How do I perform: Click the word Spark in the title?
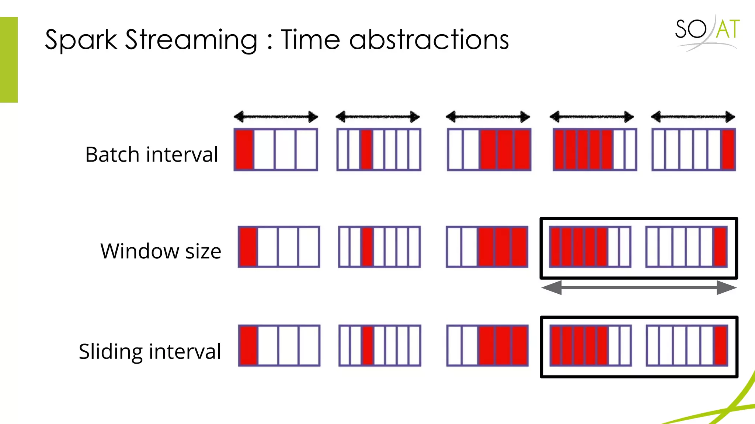pos(81,40)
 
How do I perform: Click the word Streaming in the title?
pos(191,40)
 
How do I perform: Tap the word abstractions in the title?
pos(429,40)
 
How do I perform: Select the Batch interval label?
pos(152,154)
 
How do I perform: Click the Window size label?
pos(161,251)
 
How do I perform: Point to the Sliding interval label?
pos(150,351)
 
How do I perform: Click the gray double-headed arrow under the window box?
pos(639,287)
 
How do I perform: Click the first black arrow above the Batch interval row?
pos(276,117)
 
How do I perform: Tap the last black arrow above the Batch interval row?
pos(693,117)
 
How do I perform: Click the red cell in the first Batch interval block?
pos(244,149)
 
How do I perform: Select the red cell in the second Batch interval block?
pos(366,149)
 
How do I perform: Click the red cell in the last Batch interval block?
pos(728,149)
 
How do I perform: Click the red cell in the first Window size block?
pos(248,247)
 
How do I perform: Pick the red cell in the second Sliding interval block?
pos(368,345)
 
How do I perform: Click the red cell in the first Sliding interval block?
pos(248,345)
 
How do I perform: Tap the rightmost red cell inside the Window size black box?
pos(720,247)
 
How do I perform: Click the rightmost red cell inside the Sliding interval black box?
pos(721,345)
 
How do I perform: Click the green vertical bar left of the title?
pos(9,60)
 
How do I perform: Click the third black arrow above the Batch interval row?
pos(488,117)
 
